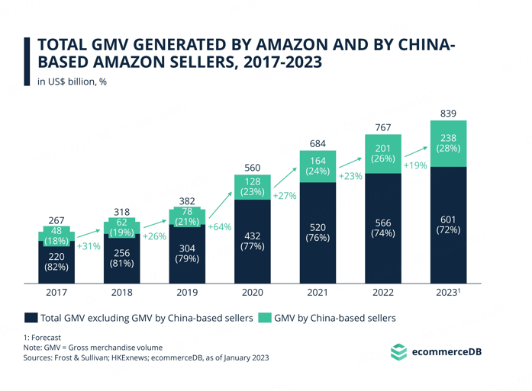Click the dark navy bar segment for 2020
tap(253, 242)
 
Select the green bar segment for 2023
tap(448, 143)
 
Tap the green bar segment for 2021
tap(318, 166)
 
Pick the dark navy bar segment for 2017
tap(56, 262)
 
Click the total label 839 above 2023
tap(448, 114)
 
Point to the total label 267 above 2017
tap(56, 220)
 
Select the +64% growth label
tap(220, 226)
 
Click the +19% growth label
tap(415, 165)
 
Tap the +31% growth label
tap(89, 246)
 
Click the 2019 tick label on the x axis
tap(187, 293)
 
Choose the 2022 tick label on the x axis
tap(383, 293)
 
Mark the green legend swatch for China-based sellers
tap(265, 318)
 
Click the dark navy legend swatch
tap(31, 318)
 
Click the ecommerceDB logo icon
tap(398, 351)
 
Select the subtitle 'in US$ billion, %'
tap(72, 82)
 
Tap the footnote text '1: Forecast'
tap(42, 338)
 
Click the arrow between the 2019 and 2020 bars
tap(220, 205)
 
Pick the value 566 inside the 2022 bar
tap(383, 223)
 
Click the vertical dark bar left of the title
tap(27, 61)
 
